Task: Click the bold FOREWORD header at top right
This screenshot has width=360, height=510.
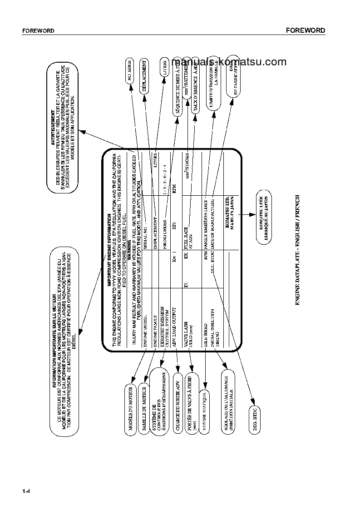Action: point(305,30)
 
